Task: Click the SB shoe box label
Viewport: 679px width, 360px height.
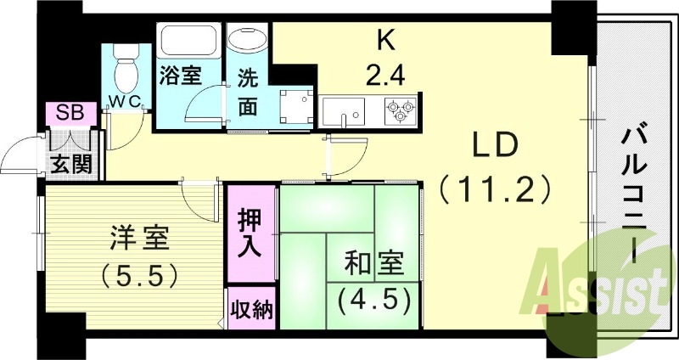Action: coord(65,112)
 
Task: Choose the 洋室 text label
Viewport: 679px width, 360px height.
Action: coord(139,239)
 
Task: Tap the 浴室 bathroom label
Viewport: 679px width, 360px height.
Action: coord(179,75)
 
